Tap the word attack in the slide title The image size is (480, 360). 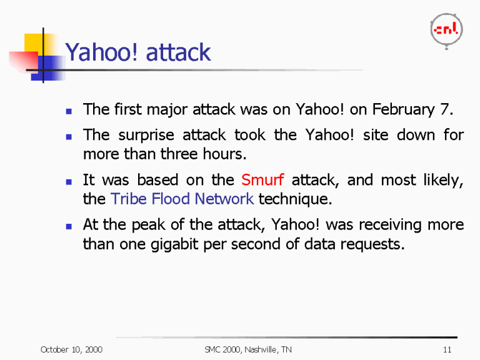pyautogui.click(x=178, y=52)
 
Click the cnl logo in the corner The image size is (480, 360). pyautogui.click(x=446, y=29)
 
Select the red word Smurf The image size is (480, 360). pyautogui.click(x=262, y=181)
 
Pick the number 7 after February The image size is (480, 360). pyautogui.click(x=444, y=110)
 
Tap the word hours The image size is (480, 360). pyautogui.click(x=223, y=154)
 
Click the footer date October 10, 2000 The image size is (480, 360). pyautogui.click(x=71, y=349)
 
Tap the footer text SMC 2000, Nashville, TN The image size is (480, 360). pyautogui.click(x=248, y=349)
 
